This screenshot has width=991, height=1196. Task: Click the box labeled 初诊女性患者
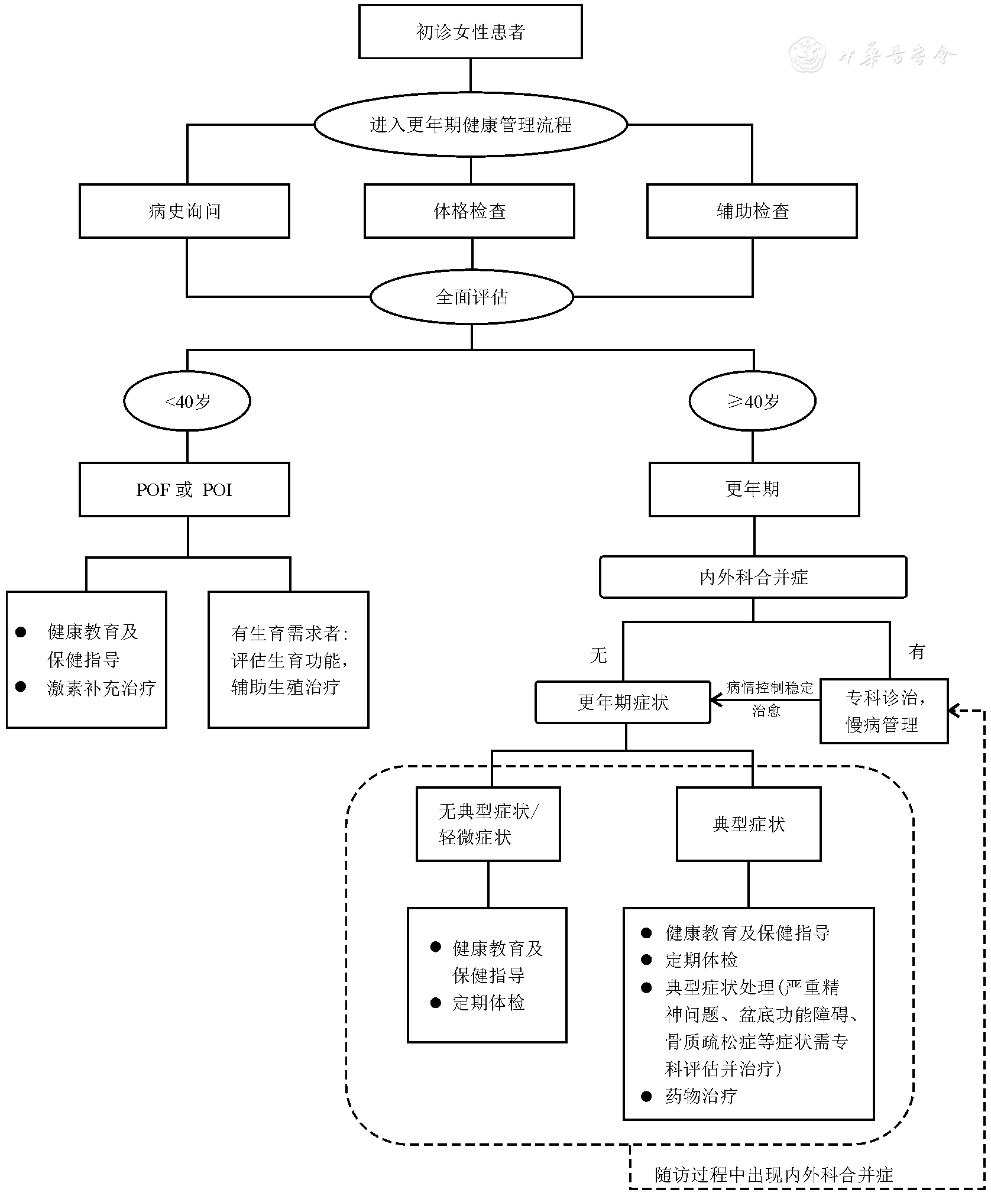click(470, 32)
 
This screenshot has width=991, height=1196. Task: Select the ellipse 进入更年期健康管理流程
click(470, 125)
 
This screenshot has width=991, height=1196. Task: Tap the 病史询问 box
click(184, 211)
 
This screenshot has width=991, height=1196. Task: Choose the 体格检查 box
click(469, 211)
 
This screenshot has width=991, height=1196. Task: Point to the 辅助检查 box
click(752, 211)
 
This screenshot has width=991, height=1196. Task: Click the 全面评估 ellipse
click(471, 297)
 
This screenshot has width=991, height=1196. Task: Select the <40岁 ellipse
click(187, 401)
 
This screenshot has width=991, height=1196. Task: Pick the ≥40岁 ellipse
click(752, 401)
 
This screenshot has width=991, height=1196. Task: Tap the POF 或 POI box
click(184, 490)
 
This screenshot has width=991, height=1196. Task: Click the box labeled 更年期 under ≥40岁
click(754, 490)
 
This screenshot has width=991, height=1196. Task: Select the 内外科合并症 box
click(753, 577)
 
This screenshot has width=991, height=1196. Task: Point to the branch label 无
click(598, 655)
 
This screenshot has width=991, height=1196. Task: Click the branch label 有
click(916, 652)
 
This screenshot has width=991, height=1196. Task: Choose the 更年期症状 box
click(623, 702)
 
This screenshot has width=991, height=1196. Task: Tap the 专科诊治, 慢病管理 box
click(884, 711)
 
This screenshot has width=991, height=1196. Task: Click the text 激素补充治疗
click(102, 688)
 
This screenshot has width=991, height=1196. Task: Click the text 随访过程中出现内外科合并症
click(773, 1175)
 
